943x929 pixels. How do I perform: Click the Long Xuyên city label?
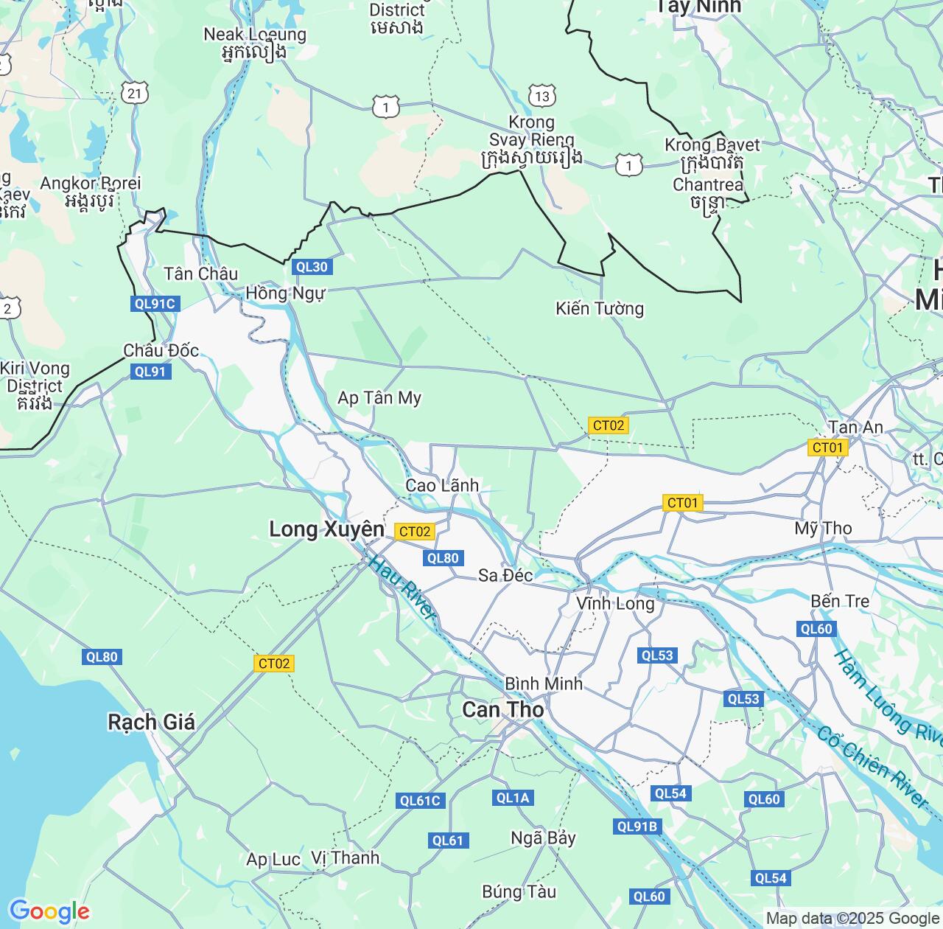326,529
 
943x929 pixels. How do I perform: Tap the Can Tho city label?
503,709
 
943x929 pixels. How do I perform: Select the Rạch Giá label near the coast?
151,721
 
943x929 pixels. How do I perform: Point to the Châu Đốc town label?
161,350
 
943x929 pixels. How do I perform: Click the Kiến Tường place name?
600,308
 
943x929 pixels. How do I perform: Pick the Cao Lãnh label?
442,485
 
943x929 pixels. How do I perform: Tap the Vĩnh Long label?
615,604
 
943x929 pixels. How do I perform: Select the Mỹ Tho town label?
823,528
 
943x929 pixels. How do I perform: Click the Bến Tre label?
840,601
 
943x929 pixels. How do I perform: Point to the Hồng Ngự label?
285,293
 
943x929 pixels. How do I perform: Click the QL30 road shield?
311,267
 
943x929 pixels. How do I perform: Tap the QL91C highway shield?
155,304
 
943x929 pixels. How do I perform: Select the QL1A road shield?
513,798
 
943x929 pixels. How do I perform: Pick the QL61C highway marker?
420,801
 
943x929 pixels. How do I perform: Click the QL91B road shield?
637,827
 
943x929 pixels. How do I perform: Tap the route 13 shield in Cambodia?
542,96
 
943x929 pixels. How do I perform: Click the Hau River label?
402,588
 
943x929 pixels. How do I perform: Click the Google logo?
49,911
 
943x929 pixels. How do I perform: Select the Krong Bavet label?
712,145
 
